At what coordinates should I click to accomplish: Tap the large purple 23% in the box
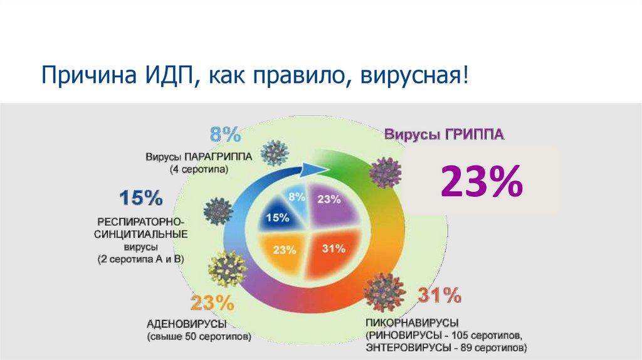point(481,183)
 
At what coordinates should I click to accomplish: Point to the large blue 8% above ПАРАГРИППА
point(225,134)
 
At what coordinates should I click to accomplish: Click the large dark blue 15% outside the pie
point(140,199)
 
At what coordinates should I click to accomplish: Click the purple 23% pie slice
point(331,204)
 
